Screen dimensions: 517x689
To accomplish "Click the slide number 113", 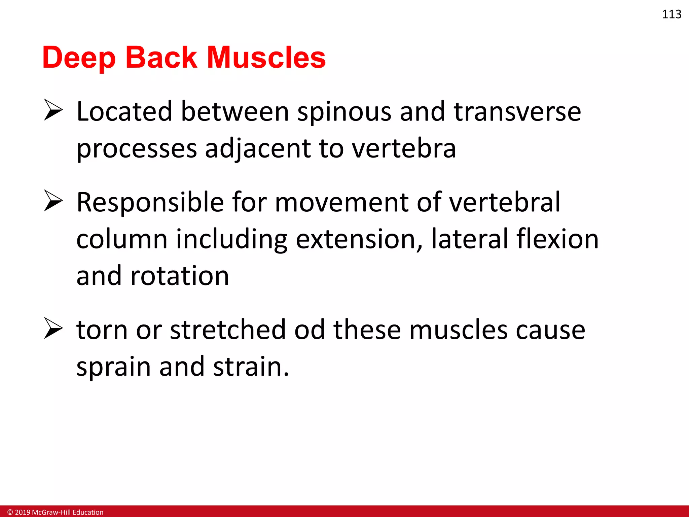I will [671, 14].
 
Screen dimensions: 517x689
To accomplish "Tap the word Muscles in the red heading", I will [266, 58].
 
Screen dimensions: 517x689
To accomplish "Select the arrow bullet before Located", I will [53, 110].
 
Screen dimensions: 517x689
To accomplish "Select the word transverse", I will [517, 112].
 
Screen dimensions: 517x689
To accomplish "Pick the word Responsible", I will [150, 203].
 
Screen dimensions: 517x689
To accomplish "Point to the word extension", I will [359, 239].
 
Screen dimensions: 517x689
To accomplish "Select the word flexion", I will [557, 239].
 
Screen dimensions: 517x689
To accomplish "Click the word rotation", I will [180, 276].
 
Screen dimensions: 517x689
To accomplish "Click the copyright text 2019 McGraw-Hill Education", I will [56, 512].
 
